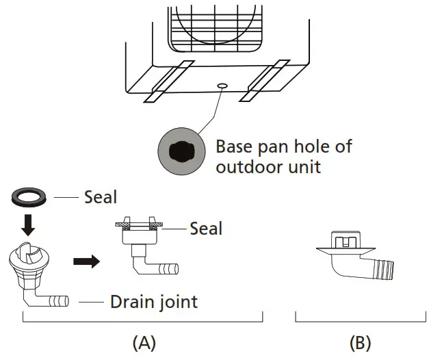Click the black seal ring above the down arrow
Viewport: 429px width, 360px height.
[29, 198]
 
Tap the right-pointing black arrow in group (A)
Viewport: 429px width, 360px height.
[86, 261]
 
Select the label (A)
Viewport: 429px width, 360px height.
[144, 341]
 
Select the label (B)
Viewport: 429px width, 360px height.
[360, 341]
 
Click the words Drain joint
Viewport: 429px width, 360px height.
[153, 301]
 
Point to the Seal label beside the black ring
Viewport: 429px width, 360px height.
[101, 198]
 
